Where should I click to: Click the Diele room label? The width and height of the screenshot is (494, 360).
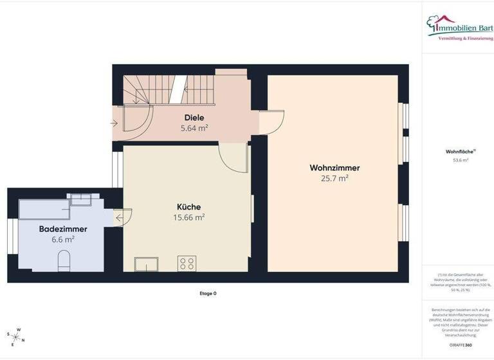coord(194,118)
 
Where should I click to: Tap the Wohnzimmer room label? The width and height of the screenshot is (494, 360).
coord(334,168)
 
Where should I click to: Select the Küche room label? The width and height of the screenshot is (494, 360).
coord(188,207)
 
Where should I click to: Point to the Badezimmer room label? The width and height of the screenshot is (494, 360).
coord(63,229)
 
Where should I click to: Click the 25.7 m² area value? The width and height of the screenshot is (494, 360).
coord(334,178)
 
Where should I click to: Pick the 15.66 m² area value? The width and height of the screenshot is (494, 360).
coord(188,217)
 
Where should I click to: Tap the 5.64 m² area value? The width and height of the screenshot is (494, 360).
coord(194,128)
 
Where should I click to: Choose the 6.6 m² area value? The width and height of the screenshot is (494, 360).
coord(64,239)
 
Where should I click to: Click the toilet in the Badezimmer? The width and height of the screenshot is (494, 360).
coord(64,260)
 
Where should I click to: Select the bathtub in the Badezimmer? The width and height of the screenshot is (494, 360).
coord(44,210)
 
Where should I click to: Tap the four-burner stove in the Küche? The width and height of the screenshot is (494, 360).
coord(187,263)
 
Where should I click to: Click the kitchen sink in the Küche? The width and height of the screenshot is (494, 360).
coord(146,264)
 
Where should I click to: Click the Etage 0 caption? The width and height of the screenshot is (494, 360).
coord(208,293)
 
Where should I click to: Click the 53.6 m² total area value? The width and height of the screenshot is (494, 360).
coord(461,160)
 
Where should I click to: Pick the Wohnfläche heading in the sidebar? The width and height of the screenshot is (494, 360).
coord(457,152)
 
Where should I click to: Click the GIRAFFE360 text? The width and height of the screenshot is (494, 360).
coord(461,345)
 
